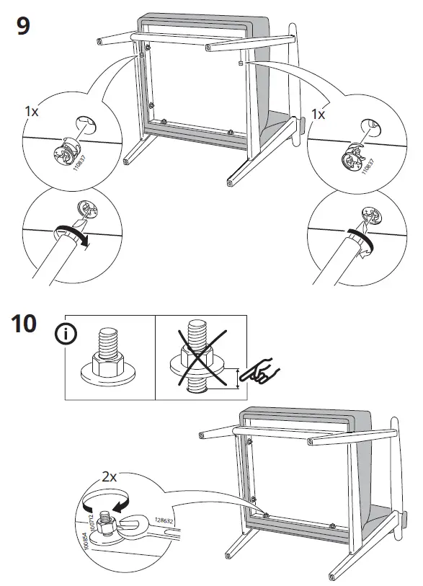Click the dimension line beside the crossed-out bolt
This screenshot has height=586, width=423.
pos(237,378)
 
